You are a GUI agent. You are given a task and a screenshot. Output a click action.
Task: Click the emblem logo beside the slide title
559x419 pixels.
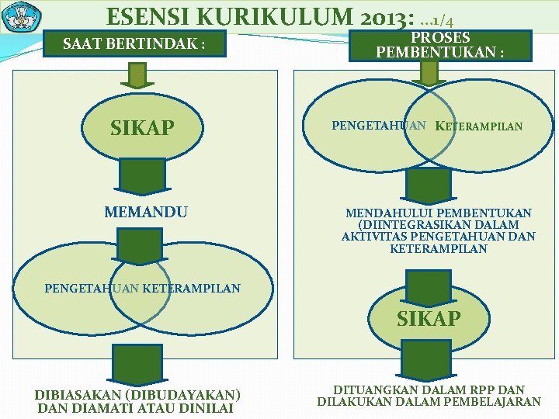[22, 16]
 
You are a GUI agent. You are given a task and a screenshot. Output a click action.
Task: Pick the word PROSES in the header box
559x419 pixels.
[440, 38]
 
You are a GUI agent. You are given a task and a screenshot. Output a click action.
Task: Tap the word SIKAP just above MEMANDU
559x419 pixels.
[142, 128]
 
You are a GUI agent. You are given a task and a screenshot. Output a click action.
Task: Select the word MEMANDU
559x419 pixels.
[146, 212]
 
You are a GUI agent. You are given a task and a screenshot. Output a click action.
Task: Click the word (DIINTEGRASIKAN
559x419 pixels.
[408, 225]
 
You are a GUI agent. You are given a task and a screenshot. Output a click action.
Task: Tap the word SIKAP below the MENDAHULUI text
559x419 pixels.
[429, 319]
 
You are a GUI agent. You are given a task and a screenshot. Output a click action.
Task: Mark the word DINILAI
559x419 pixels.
[205, 407]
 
